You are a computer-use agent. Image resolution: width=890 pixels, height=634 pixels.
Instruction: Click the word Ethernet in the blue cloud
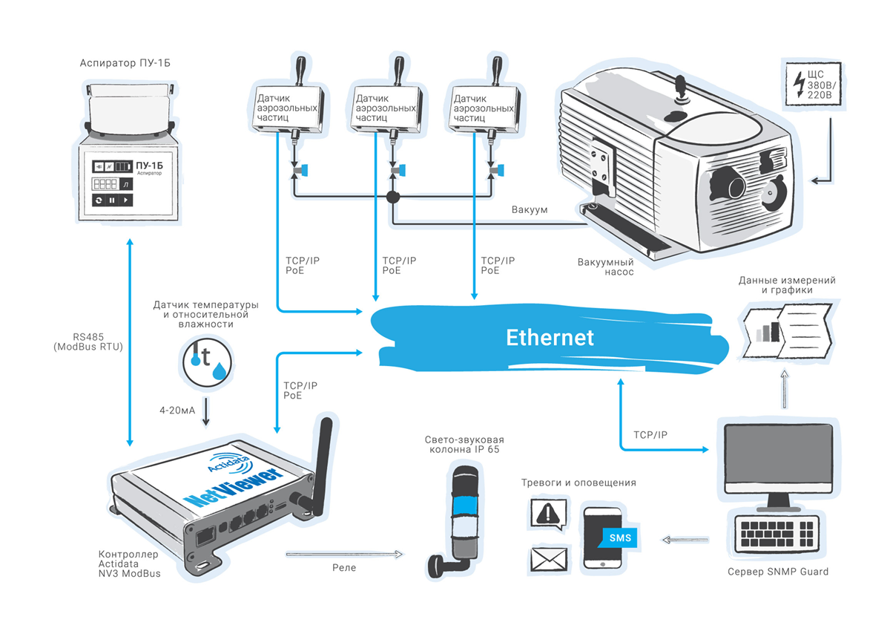[x=550, y=338]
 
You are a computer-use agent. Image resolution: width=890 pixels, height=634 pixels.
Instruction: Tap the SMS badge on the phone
[x=620, y=537]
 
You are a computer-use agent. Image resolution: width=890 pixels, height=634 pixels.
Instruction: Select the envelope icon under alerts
[x=549, y=559]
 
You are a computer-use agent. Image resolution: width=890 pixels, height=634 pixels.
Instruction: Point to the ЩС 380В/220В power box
[x=814, y=85]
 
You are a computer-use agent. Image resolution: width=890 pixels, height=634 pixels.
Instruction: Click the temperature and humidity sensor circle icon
[x=207, y=362]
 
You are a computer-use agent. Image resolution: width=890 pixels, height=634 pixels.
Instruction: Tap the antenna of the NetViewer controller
[x=324, y=465]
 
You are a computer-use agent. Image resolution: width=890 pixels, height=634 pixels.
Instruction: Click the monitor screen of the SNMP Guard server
[x=778, y=454]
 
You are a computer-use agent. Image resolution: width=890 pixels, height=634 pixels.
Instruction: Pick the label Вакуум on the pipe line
[x=530, y=209]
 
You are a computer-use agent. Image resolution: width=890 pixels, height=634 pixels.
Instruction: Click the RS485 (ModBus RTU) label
[x=88, y=341]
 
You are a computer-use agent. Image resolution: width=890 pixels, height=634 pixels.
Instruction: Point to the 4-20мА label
[x=177, y=410]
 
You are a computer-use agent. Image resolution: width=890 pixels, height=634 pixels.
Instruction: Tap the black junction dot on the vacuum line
[x=393, y=197]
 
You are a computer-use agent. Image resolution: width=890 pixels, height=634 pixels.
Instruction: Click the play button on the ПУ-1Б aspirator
[x=125, y=200]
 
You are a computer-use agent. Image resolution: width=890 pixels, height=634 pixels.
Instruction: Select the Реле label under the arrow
[x=344, y=568]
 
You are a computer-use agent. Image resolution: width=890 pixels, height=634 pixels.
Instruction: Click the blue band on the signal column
[x=466, y=505]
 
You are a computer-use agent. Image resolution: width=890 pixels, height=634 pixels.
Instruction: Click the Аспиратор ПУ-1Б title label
[x=125, y=63]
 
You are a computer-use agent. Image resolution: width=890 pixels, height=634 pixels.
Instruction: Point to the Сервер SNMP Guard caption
[x=778, y=572]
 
